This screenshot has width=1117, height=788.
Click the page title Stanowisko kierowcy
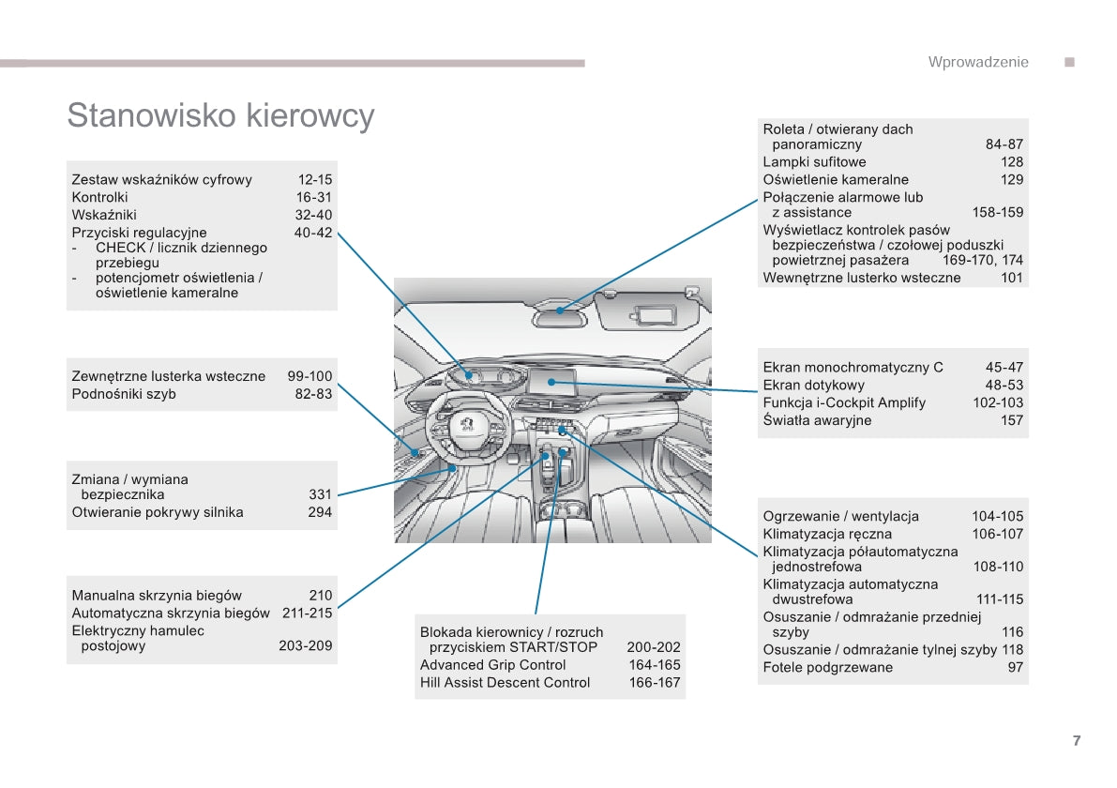pyautogui.click(x=220, y=115)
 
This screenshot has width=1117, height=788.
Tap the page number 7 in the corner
pyautogui.click(x=1077, y=740)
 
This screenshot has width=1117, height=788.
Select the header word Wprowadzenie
pyautogui.click(x=977, y=62)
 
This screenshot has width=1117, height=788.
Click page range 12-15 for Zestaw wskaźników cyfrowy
pyautogui.click(x=315, y=179)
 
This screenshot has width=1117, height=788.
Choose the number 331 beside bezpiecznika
pyautogui.click(x=320, y=494)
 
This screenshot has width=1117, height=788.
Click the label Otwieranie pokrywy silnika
pyautogui.click(x=158, y=512)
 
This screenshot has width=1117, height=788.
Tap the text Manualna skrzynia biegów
pyautogui.click(x=157, y=595)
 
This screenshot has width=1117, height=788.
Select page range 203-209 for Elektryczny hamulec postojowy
pyautogui.click(x=305, y=645)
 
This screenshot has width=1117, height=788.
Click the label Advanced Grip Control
pyautogui.click(x=492, y=665)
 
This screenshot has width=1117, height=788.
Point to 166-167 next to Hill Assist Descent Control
pyautogui.click(x=654, y=683)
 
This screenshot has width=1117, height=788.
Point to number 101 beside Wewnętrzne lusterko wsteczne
pyautogui.click(x=1011, y=278)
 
